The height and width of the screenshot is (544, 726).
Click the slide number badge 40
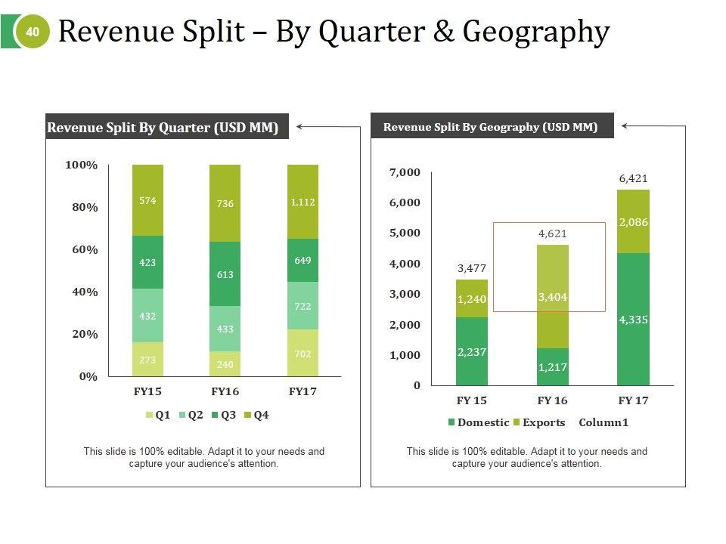tap(32, 32)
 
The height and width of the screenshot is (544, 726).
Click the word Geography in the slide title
tap(535, 32)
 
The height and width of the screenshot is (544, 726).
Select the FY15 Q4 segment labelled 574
tap(147, 200)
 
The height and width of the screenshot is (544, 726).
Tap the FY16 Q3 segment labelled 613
tap(225, 274)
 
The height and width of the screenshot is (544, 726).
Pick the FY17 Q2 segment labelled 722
tap(302, 306)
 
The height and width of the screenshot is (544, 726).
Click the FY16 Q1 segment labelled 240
tap(225, 363)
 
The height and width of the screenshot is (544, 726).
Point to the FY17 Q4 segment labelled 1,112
tap(302, 202)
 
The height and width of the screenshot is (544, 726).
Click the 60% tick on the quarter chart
tap(85, 249)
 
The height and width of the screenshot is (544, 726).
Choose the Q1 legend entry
tap(157, 415)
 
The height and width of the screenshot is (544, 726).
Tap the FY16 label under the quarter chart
tap(225, 391)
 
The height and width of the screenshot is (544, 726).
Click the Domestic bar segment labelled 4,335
tap(633, 320)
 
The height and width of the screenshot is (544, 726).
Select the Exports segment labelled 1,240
tap(472, 299)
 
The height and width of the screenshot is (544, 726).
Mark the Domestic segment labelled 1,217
tap(553, 367)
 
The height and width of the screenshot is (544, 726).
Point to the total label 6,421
tap(633, 179)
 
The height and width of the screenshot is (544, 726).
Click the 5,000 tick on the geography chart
tap(404, 233)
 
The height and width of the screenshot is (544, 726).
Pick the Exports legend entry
tap(538, 422)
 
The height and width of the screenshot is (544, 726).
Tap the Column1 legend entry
tap(603, 422)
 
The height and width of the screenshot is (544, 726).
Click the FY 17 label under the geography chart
tap(633, 400)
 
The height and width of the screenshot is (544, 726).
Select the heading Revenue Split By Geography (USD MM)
tap(490, 127)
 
